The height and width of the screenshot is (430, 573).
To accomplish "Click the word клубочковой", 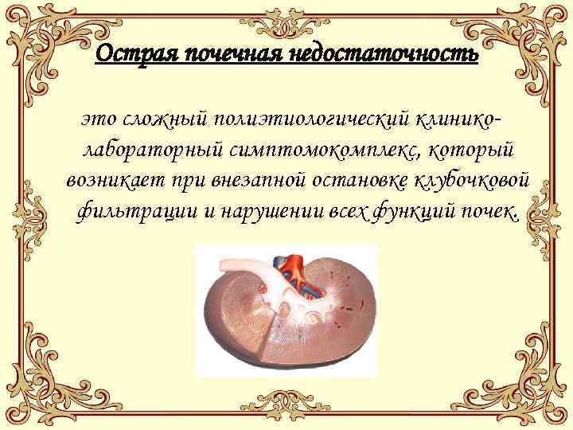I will click(x=475, y=181).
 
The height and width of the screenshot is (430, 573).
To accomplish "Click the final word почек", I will click(x=493, y=213).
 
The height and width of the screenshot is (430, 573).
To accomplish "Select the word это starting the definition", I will click(x=97, y=119).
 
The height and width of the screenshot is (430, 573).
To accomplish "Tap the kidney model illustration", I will click(x=286, y=319).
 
